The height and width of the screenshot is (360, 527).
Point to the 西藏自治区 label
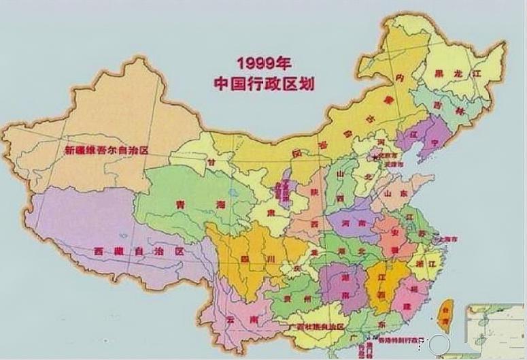pyautogui.click(x=139, y=251)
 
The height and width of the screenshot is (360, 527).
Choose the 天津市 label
pyautogui.click(x=394, y=165)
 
